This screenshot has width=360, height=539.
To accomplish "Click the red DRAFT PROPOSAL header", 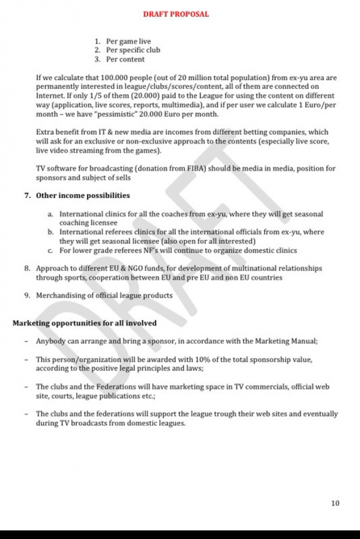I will (x=175, y=14).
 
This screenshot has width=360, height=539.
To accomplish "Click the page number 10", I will (x=335, y=504).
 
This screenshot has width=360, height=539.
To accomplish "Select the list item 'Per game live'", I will (x=128, y=41).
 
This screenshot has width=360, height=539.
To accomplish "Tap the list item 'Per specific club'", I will (x=133, y=50).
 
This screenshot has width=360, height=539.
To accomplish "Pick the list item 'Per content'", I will (x=125, y=59).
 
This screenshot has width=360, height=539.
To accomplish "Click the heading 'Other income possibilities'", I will (x=83, y=196).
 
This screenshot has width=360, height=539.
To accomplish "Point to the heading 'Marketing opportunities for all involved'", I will (x=84, y=324).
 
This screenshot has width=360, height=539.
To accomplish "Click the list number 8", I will (x=27, y=269).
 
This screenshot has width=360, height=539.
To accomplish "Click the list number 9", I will (x=27, y=296).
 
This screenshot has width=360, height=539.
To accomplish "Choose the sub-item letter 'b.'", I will (x=51, y=232).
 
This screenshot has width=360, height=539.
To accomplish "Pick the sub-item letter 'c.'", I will (x=51, y=250).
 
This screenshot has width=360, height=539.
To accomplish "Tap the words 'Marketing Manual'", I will (x=284, y=342).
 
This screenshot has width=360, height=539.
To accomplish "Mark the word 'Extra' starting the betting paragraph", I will (x=45, y=132).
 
